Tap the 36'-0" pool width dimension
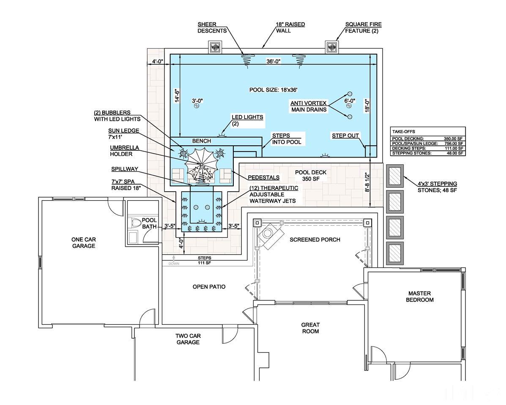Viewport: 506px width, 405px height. [x=273, y=61]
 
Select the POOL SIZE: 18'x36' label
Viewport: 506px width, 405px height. [x=274, y=90]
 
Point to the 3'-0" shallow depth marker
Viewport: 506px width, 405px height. [x=197, y=101]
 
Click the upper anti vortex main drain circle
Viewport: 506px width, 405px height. [x=350, y=94]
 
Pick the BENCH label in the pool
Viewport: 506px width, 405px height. [x=201, y=141]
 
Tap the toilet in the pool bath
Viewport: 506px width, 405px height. [x=136, y=222]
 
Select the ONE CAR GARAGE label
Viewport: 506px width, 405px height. [x=84, y=242]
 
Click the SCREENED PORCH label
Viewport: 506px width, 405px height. [x=315, y=239]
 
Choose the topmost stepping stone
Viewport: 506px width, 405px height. [x=395, y=176]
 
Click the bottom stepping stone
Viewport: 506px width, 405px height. [x=395, y=253]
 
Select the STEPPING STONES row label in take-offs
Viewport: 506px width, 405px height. [x=411, y=153]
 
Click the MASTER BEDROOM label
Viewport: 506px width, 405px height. [x=419, y=296]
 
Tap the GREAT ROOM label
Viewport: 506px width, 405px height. [x=310, y=328]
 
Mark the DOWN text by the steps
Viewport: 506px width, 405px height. [x=174, y=264]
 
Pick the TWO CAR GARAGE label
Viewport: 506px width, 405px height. [x=188, y=339]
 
